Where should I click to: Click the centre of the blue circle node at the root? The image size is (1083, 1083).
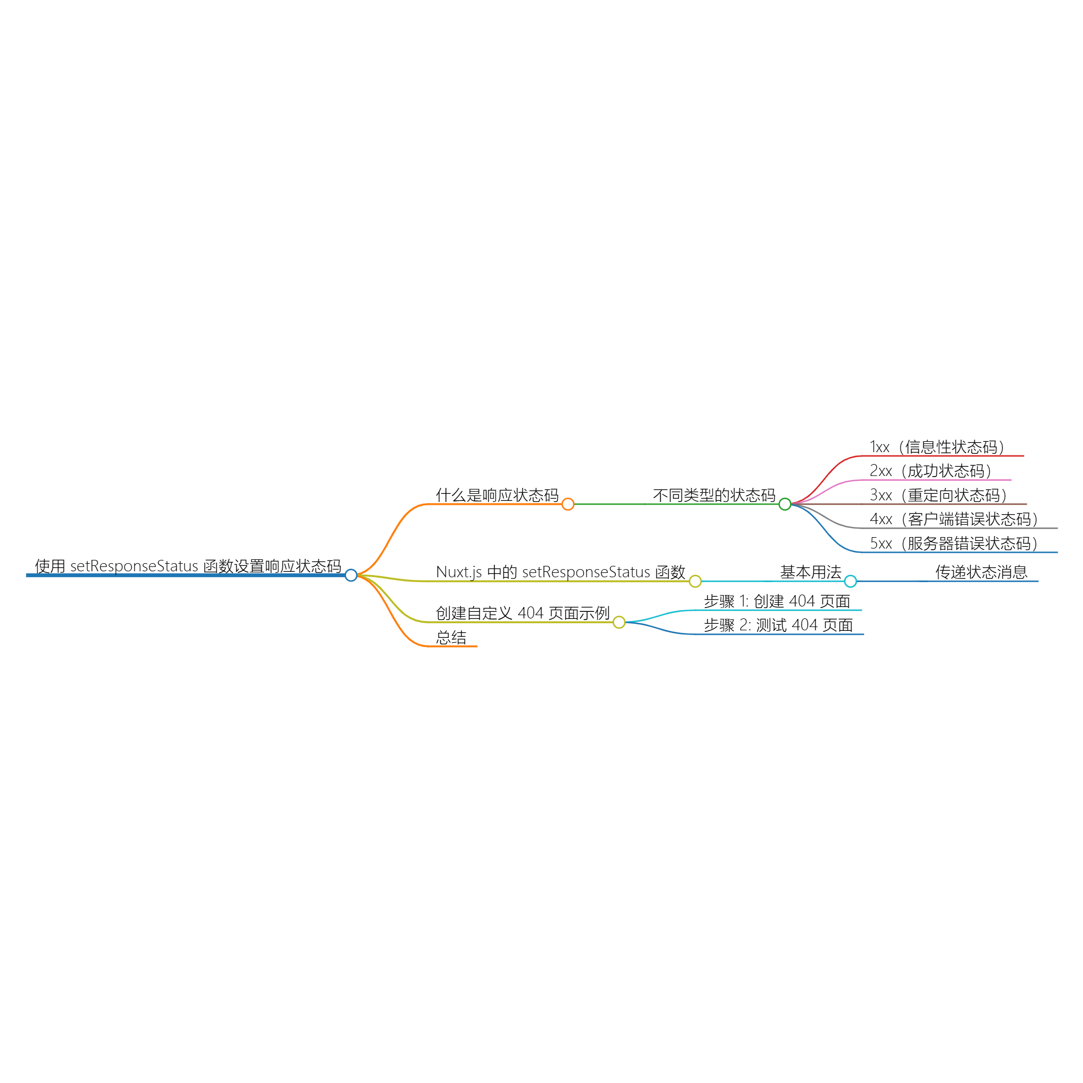click(351, 575)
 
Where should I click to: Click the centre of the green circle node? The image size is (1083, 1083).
click(785, 504)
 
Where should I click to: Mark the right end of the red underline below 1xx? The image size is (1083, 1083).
click(1023, 456)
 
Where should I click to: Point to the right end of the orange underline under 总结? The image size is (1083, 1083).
click(477, 647)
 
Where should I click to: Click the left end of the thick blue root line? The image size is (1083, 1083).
click(27, 575)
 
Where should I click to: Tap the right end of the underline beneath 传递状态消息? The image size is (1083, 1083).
click(1038, 581)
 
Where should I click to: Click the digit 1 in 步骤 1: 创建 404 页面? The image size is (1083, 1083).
click(743, 602)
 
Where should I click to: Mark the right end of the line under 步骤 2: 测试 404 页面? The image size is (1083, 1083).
click(864, 634)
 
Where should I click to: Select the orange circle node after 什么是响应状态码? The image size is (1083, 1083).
click(568, 504)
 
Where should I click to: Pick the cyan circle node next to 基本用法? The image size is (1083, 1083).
click(850, 581)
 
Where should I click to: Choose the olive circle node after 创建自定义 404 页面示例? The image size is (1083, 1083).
click(619, 622)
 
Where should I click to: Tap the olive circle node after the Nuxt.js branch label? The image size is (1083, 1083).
click(695, 581)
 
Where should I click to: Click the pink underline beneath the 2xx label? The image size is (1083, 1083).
click(936, 480)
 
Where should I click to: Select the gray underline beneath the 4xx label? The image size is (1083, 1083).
click(959, 528)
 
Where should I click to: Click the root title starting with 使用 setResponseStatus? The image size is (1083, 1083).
click(188, 566)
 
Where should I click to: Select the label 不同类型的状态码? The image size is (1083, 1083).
click(714, 495)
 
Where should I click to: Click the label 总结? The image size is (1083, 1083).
click(451, 637)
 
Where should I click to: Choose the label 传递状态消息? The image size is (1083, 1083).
click(982, 572)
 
